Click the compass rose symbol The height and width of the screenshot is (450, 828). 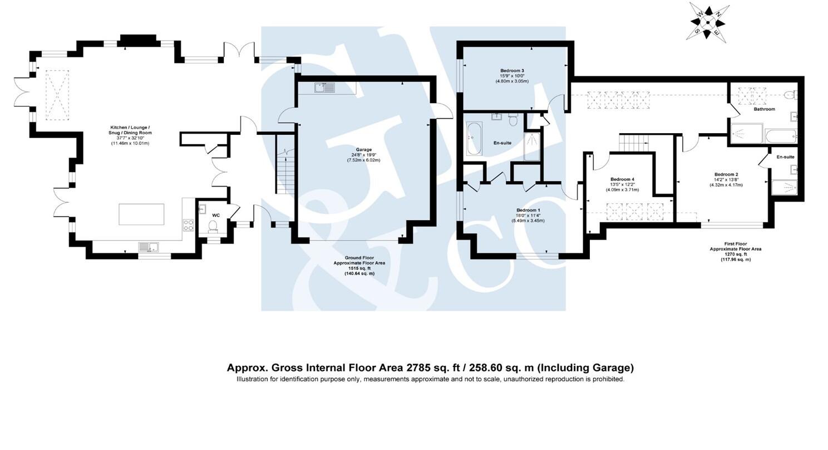click(708, 21)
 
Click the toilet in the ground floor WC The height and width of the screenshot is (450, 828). click(213, 226)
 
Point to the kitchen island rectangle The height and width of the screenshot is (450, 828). click(141, 214)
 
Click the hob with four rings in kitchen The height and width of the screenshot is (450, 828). click(188, 225)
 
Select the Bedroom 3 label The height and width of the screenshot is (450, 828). click(512, 71)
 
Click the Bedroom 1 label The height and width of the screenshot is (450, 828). click(528, 210)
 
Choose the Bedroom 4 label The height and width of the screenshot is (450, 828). click(622, 179)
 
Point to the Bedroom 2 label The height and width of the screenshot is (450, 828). click(726, 174)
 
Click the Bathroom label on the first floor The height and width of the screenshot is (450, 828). click(764, 109)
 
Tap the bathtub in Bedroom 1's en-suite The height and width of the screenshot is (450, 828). click(474, 139)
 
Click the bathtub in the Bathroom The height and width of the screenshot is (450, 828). click(781, 135)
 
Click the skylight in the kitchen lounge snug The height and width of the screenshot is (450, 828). click(57, 95)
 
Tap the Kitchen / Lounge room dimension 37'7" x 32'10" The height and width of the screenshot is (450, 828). click(130, 138)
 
